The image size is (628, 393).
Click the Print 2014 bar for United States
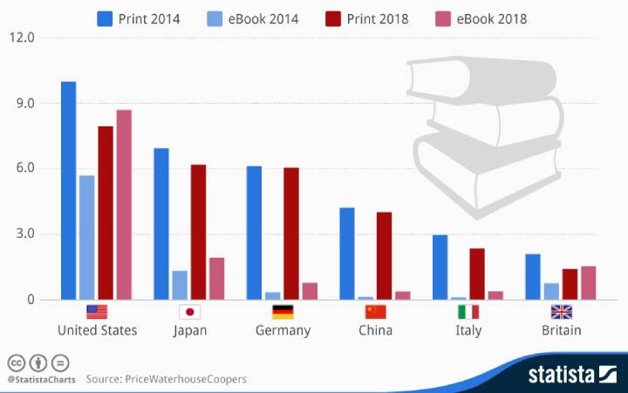[68, 191]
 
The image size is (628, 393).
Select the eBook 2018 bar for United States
[124, 205]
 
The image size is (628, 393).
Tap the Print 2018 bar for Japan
[198, 232]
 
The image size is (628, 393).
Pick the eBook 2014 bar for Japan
[180, 285]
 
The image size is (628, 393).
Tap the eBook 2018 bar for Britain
[589, 282]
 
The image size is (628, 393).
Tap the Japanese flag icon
[189, 312]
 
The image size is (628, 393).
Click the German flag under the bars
[283, 312]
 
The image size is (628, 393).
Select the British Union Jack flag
[561, 312]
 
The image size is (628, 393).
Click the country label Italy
[468, 330]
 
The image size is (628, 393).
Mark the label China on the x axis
[375, 330]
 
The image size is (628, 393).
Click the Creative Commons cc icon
[15, 363]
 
